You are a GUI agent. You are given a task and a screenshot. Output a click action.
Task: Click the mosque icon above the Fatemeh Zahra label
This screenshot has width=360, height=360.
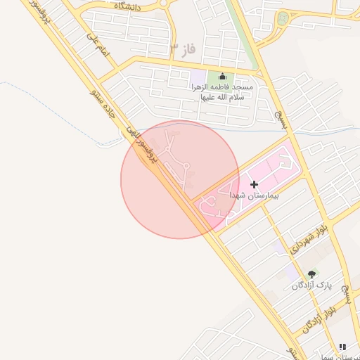click(223, 76)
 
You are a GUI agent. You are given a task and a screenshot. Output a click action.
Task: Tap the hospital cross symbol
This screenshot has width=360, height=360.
click(255, 184)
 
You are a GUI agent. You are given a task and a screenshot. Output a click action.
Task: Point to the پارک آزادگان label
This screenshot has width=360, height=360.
click(311, 285)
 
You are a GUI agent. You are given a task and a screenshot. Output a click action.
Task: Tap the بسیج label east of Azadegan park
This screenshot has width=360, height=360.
click(344, 288)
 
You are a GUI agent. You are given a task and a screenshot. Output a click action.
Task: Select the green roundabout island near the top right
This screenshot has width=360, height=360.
click(283, 19)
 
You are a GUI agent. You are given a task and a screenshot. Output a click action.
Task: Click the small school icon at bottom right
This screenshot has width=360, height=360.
click(342, 347)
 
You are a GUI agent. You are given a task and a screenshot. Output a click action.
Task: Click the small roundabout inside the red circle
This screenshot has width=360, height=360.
click(187, 167)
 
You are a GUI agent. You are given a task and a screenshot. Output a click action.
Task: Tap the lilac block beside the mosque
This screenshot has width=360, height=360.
click(199, 76)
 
